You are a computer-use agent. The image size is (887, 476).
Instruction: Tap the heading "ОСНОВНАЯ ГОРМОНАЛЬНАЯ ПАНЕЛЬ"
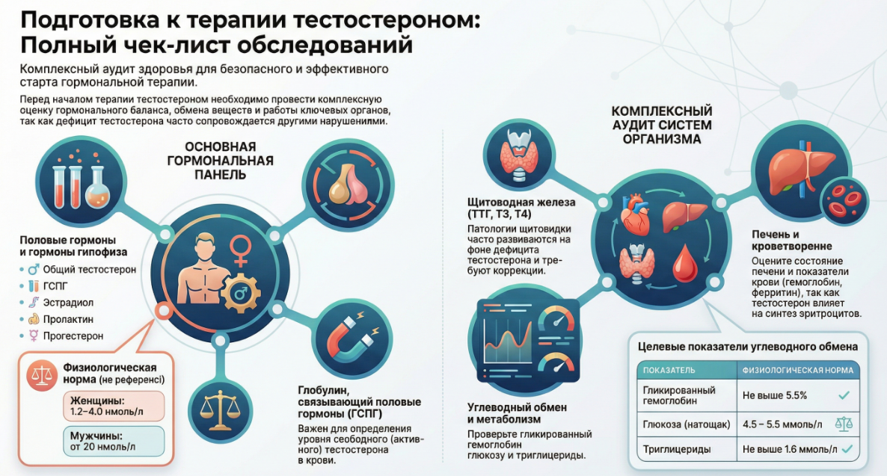click(x=218, y=161)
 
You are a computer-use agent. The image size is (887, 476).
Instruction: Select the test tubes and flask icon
click(x=76, y=184)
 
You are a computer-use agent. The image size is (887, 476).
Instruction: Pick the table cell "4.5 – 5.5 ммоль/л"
click(x=782, y=424)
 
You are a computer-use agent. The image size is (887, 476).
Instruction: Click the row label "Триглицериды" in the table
click(x=677, y=451)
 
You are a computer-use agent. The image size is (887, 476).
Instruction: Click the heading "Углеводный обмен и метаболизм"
click(x=517, y=413)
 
